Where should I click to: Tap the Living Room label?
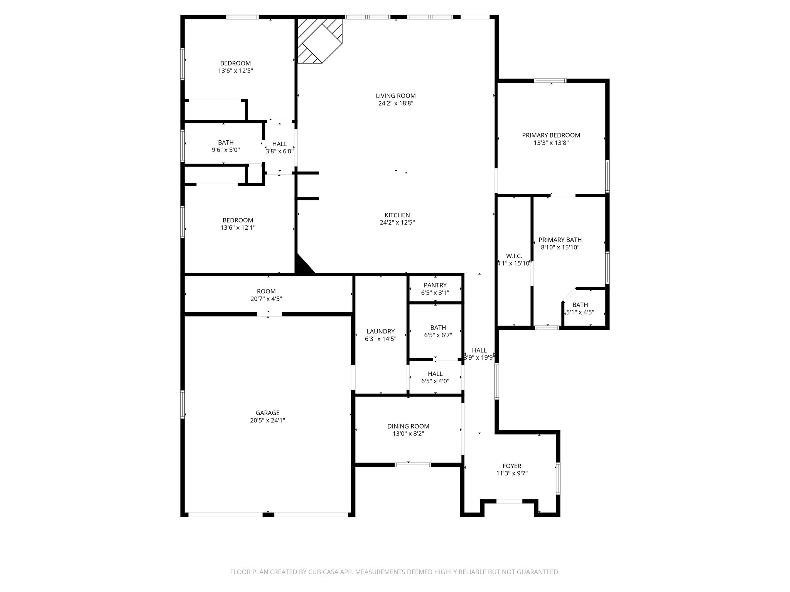click(x=396, y=96)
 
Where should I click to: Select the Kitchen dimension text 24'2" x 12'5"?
click(x=397, y=222)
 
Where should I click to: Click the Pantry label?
click(x=435, y=285)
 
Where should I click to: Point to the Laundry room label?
click(x=380, y=331)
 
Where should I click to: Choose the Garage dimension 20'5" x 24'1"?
click(x=267, y=420)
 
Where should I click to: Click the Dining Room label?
click(x=408, y=426)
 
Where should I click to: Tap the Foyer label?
click(x=512, y=466)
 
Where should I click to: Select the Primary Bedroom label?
click(x=551, y=135)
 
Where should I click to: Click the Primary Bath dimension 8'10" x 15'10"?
click(x=560, y=247)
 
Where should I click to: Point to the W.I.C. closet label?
click(x=514, y=256)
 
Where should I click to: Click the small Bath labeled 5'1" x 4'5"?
click(x=580, y=309)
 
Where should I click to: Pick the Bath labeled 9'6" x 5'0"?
click(x=226, y=146)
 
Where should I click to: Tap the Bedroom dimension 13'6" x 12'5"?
click(x=235, y=71)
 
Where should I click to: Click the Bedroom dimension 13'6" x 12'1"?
click(x=238, y=228)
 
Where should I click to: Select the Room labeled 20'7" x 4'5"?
click(x=266, y=295)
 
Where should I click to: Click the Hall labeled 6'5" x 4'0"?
click(x=435, y=377)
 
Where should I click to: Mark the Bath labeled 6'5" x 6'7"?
click(x=438, y=331)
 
